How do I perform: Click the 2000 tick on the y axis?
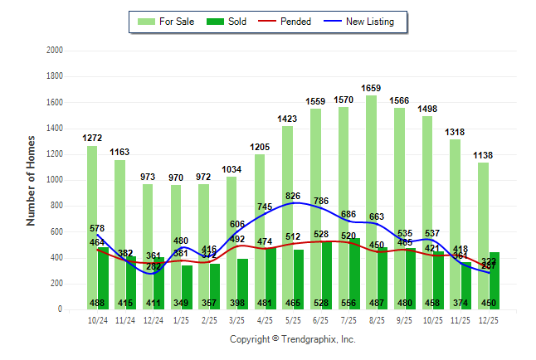pos(54,51)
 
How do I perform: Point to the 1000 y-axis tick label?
pos(54,180)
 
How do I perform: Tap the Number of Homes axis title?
pos(31,180)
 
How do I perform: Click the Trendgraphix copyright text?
pos(292,340)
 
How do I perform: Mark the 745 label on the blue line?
pos(266,207)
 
